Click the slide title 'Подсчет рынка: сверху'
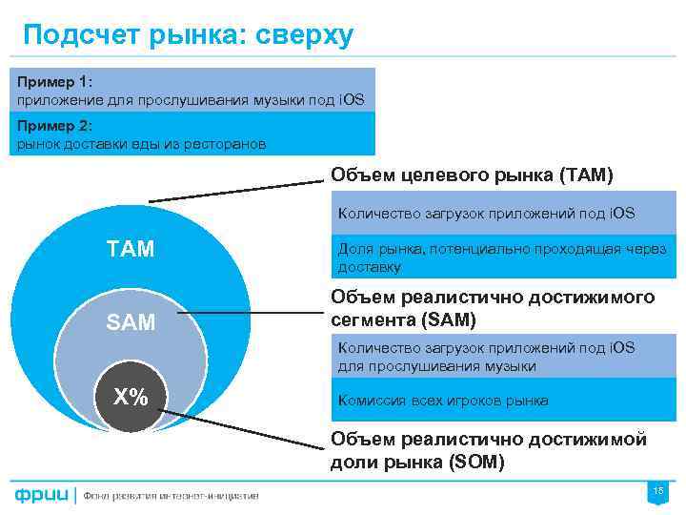pyautogui.click(x=188, y=35)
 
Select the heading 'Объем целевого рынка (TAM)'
pyautogui.click(x=472, y=175)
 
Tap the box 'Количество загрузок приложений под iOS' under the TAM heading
pyautogui.click(x=486, y=214)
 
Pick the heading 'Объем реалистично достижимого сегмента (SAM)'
pyautogui.click(x=492, y=307)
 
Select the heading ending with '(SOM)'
pyautogui.click(x=488, y=450)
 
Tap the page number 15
pyautogui.click(x=657, y=491)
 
